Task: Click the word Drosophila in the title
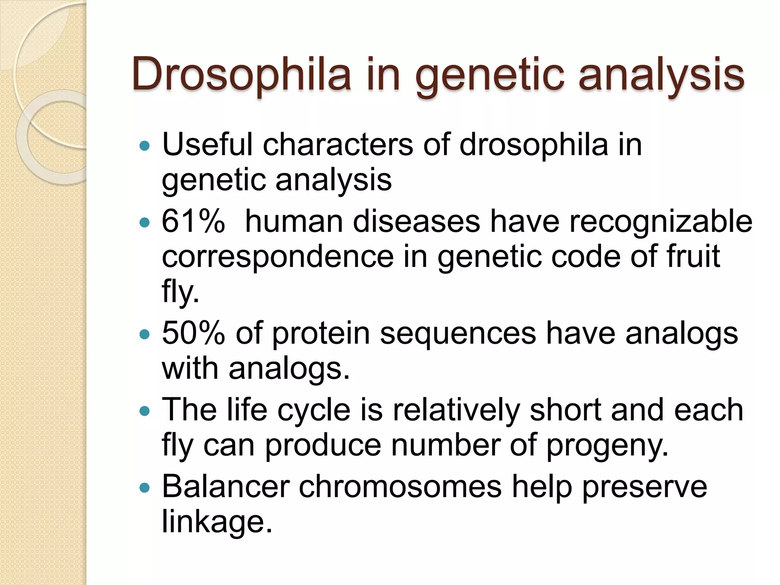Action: [x=241, y=74]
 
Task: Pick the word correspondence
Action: [x=278, y=257]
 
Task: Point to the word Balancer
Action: [x=225, y=486]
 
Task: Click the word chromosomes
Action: [x=400, y=486]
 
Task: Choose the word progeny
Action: [x=607, y=446]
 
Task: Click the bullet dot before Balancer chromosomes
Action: [x=145, y=488]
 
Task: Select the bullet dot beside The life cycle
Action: [x=145, y=411]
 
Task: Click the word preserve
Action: [x=644, y=487]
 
